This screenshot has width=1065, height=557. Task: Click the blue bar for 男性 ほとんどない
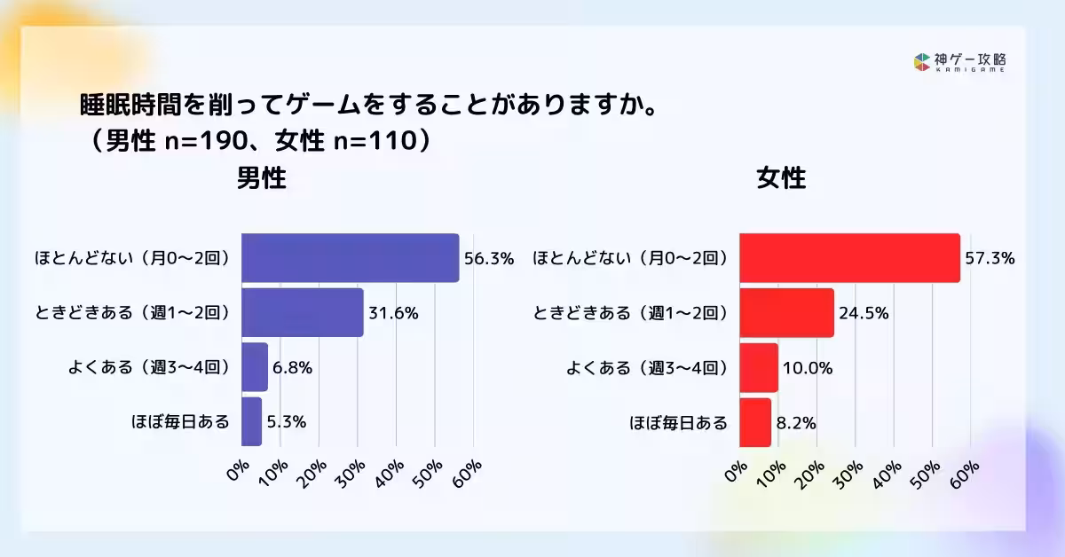click(350, 258)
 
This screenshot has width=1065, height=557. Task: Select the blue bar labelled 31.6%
click(302, 312)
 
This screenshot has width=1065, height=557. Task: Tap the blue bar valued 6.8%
click(254, 367)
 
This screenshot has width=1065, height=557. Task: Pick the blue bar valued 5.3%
click(251, 421)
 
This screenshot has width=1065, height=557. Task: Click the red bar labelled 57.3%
click(849, 258)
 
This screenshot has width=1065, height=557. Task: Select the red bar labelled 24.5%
click(786, 312)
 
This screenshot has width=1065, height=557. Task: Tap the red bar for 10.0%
click(758, 367)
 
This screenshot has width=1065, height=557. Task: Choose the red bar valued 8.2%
click(754, 421)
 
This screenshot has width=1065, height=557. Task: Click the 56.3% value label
click(488, 259)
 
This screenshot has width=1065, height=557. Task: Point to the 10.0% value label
click(807, 368)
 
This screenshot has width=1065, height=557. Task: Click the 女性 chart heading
click(781, 178)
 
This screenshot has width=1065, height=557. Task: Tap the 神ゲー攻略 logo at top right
click(959, 62)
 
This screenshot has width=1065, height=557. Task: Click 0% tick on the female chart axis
click(736, 473)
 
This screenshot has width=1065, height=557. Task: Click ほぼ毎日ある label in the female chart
click(678, 422)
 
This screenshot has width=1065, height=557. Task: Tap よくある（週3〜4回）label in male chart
click(149, 368)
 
